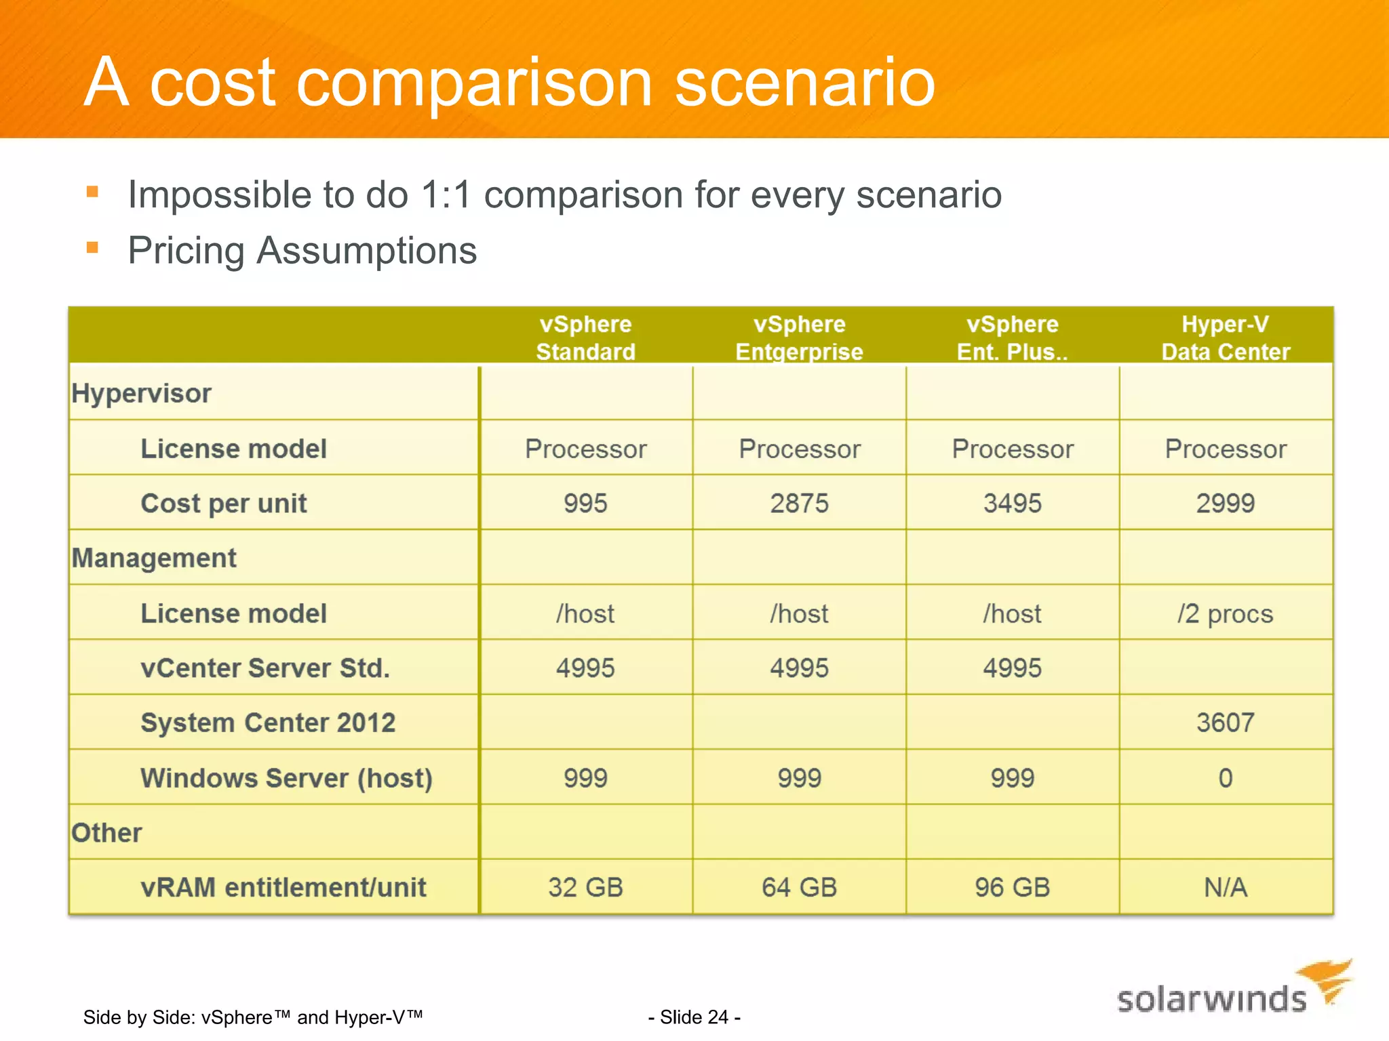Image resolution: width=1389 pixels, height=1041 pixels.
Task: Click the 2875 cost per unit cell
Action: (799, 504)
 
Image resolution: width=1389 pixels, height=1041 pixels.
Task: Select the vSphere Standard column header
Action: (585, 338)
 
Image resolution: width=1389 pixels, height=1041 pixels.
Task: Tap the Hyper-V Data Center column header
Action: (1225, 338)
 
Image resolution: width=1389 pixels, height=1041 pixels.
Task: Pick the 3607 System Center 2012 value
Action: (1225, 722)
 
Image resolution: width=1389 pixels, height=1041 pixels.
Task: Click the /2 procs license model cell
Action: (1225, 613)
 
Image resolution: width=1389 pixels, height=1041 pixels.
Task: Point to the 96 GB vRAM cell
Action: (1012, 887)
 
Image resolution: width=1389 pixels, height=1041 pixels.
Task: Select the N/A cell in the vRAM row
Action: (1225, 887)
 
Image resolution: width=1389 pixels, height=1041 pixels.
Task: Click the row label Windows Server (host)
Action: (286, 778)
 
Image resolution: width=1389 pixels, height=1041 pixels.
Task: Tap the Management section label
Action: (154, 558)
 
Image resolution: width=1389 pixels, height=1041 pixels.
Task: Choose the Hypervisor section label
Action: (141, 393)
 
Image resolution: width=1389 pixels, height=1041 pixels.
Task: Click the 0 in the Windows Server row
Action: (1225, 778)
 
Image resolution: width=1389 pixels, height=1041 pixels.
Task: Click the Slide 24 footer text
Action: (694, 1017)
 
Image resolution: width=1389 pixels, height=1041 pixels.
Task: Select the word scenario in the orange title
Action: (804, 82)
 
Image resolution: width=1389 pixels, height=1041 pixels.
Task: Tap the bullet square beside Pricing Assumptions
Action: (93, 247)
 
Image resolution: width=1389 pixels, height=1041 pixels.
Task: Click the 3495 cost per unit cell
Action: (1012, 504)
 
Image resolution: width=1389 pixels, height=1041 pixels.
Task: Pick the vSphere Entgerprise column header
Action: (799, 338)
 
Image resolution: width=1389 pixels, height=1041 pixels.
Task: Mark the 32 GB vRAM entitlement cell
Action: (585, 887)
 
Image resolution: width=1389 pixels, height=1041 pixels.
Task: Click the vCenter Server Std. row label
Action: (265, 668)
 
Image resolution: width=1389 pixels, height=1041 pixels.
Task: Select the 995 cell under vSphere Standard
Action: (585, 504)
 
